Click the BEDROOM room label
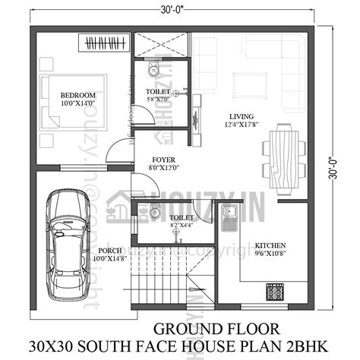point(73,96)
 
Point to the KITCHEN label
point(270,246)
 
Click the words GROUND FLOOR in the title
point(204,329)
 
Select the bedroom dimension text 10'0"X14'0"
point(73,105)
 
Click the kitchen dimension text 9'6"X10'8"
point(270,255)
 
